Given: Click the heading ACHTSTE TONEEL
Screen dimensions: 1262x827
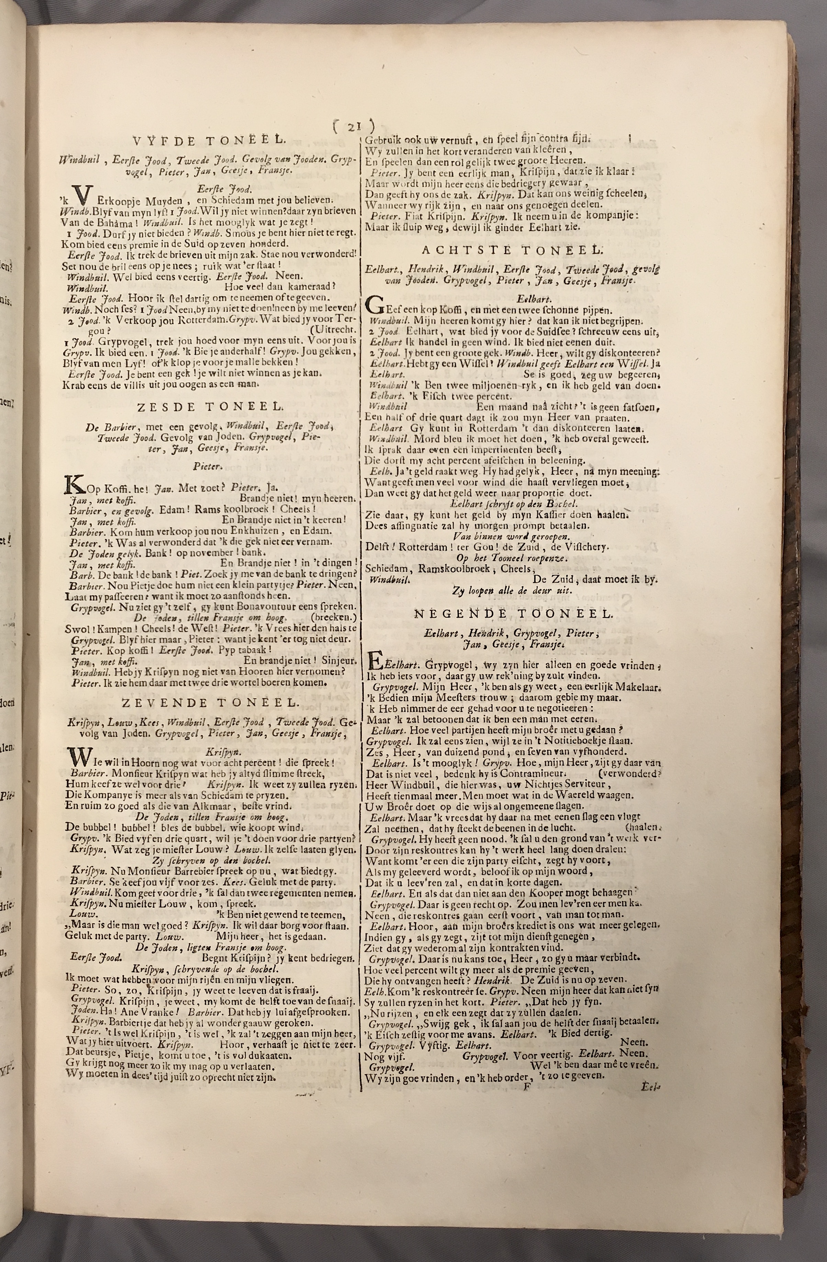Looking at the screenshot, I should click(512, 250).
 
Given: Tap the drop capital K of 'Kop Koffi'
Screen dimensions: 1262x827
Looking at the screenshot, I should click(71, 484).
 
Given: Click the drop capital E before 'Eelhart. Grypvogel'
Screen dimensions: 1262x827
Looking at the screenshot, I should click(375, 663).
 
